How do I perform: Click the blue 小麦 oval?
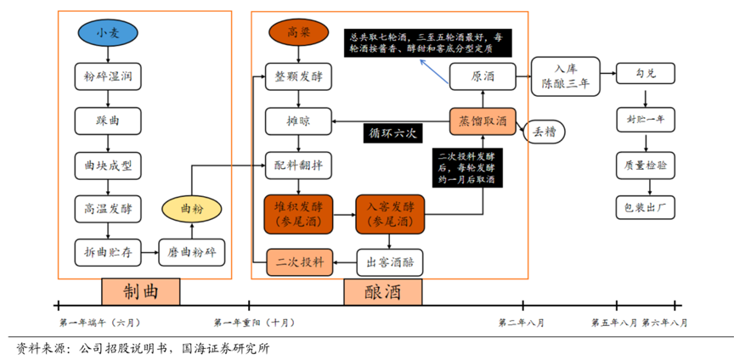[x=106, y=33]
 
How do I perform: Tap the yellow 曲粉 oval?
[x=192, y=207]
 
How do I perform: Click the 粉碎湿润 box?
[x=106, y=76]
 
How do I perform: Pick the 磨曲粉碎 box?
[x=192, y=251]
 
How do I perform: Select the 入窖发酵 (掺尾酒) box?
[x=389, y=213]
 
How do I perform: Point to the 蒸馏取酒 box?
[x=483, y=121]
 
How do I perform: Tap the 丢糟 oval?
[x=545, y=132]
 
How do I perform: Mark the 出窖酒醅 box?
[x=389, y=262]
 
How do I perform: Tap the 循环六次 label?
[x=391, y=133]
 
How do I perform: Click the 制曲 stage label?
[x=140, y=292]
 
